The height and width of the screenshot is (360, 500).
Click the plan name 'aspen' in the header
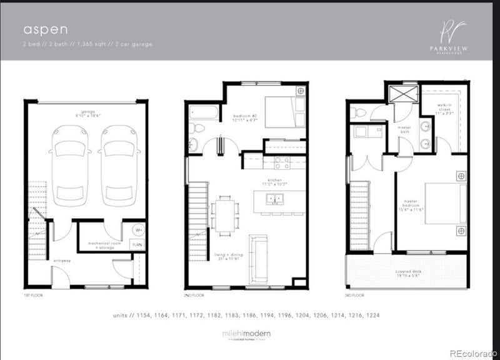37,29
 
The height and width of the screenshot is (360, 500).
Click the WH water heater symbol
137,230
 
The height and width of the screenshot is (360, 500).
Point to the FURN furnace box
137,244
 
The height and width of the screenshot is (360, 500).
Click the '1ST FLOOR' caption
33,294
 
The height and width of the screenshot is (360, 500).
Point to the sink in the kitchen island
275,201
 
